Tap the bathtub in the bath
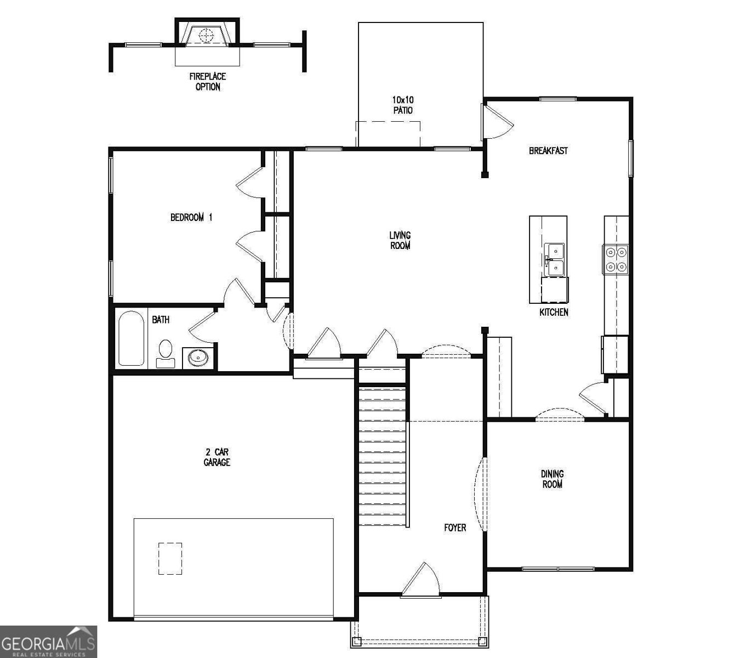[131, 338]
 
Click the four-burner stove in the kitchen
[616, 259]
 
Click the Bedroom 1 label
[191, 218]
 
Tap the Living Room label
[400, 241]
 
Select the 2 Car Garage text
[217, 457]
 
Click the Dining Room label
[552, 479]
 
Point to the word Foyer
[455, 527]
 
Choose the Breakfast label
[548, 151]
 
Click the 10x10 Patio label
[402, 105]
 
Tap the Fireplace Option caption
[208, 82]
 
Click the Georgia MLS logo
[48, 642]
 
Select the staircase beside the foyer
[383, 455]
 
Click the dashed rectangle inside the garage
[170, 558]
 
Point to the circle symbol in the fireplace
[206, 36]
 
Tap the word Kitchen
[554, 313]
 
